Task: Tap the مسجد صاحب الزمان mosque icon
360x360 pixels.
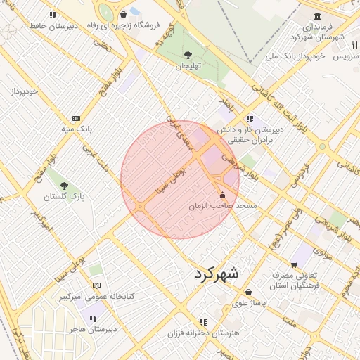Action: point(223,195)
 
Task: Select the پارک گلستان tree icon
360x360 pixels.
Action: point(65,186)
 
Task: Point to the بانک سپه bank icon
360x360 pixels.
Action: point(76,118)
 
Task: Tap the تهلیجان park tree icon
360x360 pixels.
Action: point(188,54)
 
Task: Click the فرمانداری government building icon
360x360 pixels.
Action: point(319,15)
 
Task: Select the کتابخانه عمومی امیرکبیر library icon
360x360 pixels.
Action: point(97,285)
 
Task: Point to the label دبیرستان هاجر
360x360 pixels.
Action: point(92,328)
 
